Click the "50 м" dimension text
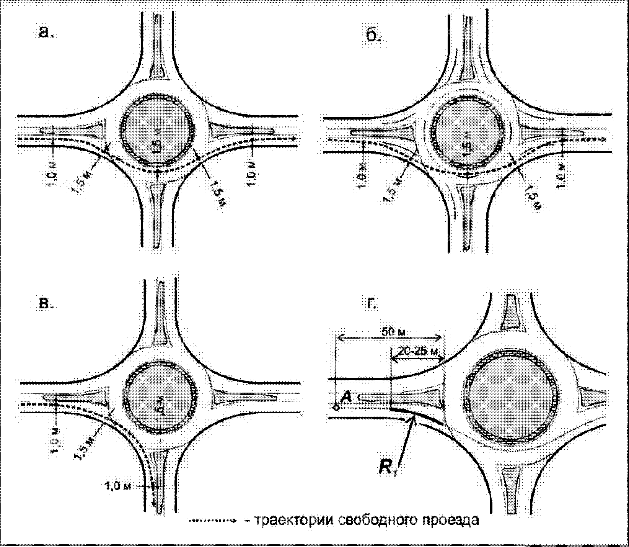tap(393, 331)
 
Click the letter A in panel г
tap(346, 398)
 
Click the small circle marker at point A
tap(336, 408)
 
